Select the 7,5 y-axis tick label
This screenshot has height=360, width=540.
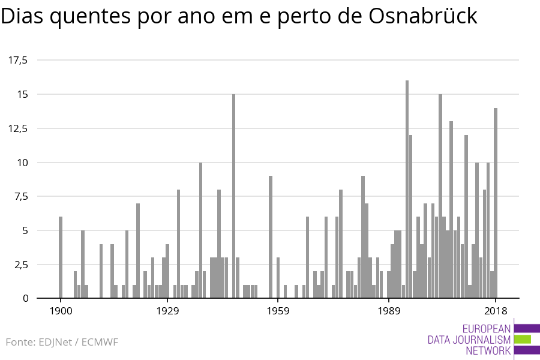(20, 197)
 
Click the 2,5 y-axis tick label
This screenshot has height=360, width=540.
(20, 265)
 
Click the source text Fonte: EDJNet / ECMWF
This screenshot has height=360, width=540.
(62, 343)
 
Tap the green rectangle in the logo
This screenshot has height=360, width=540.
(523, 339)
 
